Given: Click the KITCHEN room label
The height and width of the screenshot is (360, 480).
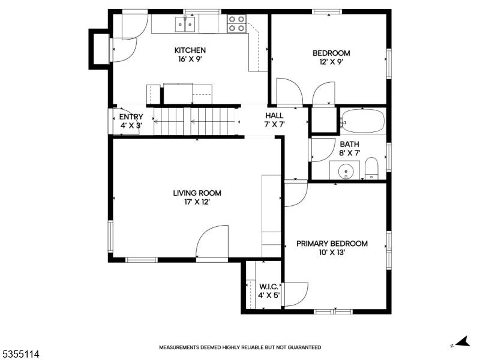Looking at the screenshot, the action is click(x=190, y=50).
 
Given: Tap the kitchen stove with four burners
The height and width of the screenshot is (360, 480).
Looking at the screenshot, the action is click(x=237, y=23).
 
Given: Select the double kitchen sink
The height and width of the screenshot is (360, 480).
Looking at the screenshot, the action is click(x=185, y=24).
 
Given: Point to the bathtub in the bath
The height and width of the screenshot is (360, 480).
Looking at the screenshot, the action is click(x=362, y=121).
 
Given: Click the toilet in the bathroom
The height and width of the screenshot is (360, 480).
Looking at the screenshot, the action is click(x=371, y=169).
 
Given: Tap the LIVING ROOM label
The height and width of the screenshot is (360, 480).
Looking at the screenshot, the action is click(x=197, y=193).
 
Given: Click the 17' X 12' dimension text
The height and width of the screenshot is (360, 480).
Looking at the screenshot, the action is click(x=197, y=202).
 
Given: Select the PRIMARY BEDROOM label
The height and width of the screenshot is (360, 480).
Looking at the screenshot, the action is click(x=332, y=244).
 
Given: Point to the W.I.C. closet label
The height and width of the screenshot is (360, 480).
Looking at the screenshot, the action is click(x=269, y=287).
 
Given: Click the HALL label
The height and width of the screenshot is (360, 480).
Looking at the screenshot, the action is click(x=274, y=116).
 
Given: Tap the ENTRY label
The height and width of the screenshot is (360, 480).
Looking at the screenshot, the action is click(x=131, y=117).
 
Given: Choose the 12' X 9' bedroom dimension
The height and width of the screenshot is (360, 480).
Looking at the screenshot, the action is click(x=331, y=62).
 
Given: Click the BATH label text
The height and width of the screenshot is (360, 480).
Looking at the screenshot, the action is click(x=349, y=144).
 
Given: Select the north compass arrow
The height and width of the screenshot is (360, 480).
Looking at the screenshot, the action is click(x=462, y=341).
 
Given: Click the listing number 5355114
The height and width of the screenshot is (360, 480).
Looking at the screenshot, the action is click(x=20, y=355).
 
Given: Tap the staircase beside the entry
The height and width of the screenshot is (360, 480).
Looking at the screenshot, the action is click(x=196, y=122).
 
